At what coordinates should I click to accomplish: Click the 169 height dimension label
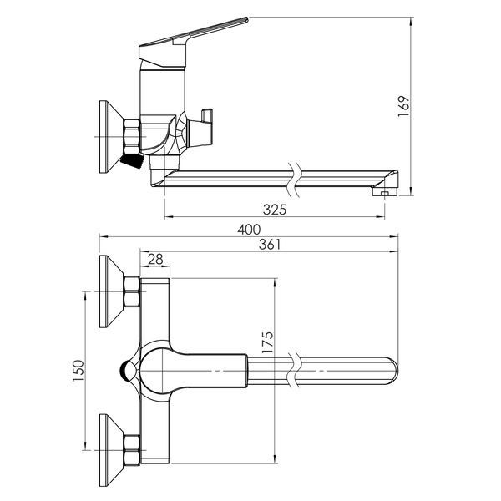click(x=403, y=106)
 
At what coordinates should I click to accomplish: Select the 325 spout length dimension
click(x=275, y=210)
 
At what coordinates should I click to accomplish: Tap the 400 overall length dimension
click(x=249, y=230)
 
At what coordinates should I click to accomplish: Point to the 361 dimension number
click(x=270, y=245)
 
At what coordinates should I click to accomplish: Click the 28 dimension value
click(x=155, y=259)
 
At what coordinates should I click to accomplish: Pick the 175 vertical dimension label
click(x=268, y=342)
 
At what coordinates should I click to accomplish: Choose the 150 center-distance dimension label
click(x=78, y=370)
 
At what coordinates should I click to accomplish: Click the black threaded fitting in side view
click(x=132, y=160)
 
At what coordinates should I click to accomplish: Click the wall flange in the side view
click(x=110, y=137)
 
